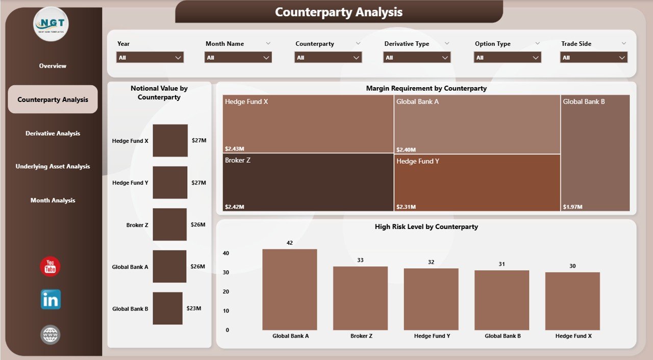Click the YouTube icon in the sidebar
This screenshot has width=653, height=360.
click(50, 266)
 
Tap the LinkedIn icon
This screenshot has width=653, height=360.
click(51, 299)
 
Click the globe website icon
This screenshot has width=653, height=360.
click(51, 335)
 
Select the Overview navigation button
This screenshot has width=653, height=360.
click(53, 66)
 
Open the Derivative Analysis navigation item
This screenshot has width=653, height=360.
click(53, 134)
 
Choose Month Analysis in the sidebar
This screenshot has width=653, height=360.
click(53, 200)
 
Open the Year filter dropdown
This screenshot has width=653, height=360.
click(150, 58)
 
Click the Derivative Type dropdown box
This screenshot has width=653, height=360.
click(417, 58)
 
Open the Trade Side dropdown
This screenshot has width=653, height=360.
click(594, 58)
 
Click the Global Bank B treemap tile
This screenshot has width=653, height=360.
click(595, 153)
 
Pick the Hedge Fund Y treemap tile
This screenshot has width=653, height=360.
click(477, 182)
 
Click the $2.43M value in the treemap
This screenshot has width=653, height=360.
click(234, 149)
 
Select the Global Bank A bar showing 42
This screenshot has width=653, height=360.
click(289, 290)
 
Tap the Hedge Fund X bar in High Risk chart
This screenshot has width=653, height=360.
click(572, 301)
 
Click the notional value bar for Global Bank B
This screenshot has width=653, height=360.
click(167, 308)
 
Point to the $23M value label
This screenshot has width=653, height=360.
click(193, 308)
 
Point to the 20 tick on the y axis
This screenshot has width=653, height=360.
click(226, 292)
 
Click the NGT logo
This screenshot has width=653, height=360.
click(51, 23)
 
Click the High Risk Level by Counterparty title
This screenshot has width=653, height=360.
click(426, 227)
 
